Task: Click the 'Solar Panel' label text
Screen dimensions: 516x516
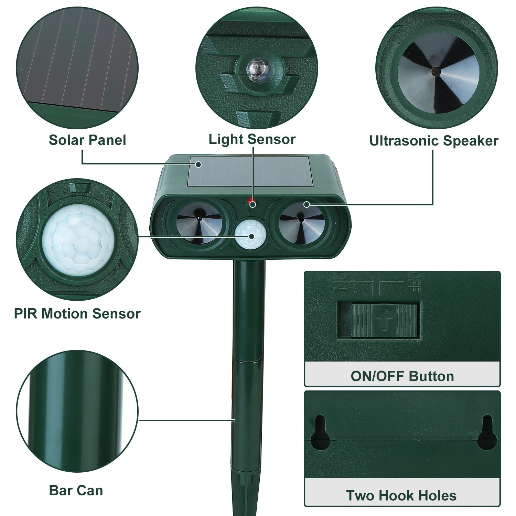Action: (x=87, y=140)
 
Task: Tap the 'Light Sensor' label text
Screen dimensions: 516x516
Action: (x=252, y=139)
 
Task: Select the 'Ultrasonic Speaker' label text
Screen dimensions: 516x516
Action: (x=433, y=141)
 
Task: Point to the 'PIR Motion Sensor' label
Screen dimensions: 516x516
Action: (x=77, y=314)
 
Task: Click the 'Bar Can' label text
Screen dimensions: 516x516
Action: (x=76, y=490)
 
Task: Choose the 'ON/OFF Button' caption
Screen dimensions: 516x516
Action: (x=402, y=376)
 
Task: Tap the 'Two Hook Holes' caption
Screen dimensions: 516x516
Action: (x=401, y=495)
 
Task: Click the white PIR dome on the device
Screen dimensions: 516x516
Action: (x=251, y=236)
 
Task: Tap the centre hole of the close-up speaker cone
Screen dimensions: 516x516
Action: (x=436, y=72)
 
